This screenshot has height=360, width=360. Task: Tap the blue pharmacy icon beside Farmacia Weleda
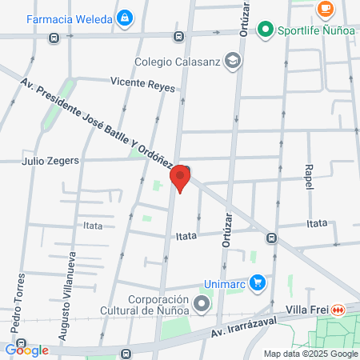tap(124, 17)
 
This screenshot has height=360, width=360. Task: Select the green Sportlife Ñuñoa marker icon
tap(266, 30)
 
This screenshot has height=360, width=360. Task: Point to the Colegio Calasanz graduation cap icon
tap(232, 60)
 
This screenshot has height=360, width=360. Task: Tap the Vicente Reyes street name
tap(142, 82)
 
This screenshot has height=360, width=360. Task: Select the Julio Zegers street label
tap(50, 160)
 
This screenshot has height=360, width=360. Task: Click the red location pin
tap(181, 178)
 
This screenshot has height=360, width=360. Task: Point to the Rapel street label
tap(309, 177)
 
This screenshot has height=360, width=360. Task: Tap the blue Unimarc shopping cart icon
tap(258, 282)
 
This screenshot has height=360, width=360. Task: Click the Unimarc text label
tap(225, 282)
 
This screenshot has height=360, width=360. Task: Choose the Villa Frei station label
tap(307, 310)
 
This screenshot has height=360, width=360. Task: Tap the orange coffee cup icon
tap(325, 8)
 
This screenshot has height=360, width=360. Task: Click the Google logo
tap(26, 350)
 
